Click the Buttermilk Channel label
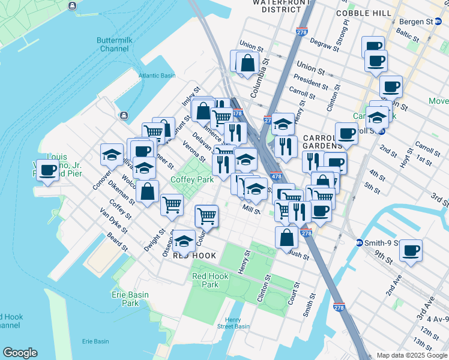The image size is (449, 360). (x=113, y=44)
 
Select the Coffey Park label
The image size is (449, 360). (x=192, y=179)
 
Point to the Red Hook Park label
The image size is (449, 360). (x=205, y=280)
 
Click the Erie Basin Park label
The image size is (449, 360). (x=125, y=299)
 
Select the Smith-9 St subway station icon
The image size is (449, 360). (x=359, y=243)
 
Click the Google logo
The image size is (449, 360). (x=20, y=353)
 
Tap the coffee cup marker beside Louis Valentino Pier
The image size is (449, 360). (x=47, y=170)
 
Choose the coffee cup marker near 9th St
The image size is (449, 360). (x=411, y=250)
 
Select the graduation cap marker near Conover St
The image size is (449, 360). (x=112, y=155)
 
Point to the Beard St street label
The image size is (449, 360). (x=117, y=241)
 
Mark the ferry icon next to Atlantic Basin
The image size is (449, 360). (x=123, y=115)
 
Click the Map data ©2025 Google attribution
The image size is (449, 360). (x=412, y=355)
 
